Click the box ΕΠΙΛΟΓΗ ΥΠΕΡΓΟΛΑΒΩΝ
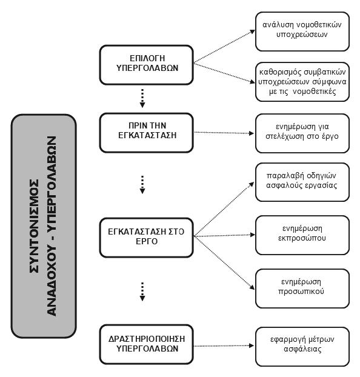147,65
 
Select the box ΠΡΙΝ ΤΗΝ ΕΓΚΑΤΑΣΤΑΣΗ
147,133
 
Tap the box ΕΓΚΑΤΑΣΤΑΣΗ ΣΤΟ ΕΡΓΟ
147,238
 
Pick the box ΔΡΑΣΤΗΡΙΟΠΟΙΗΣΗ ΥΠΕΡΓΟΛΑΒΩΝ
147,344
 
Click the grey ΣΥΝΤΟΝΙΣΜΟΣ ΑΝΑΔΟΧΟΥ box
44,226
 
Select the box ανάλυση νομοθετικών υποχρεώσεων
302,32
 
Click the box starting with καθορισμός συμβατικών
302,82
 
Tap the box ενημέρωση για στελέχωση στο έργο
302,133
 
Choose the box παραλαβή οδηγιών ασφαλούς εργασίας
302,182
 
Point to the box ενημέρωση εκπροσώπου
302,235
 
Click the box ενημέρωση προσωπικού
302,289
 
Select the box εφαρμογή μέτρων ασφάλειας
302,347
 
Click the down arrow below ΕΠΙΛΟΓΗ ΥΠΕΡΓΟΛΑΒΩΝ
142,98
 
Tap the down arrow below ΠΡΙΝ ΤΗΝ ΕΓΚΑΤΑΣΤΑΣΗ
142,185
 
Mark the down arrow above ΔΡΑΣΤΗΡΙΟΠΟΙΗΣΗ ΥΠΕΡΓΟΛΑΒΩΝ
142,292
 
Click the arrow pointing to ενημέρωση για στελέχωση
224,133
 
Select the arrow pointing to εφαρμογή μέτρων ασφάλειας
224,346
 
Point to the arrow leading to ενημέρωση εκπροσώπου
224,235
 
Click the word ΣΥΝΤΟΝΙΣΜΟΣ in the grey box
34,225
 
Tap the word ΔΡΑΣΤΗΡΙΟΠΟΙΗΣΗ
147,339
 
